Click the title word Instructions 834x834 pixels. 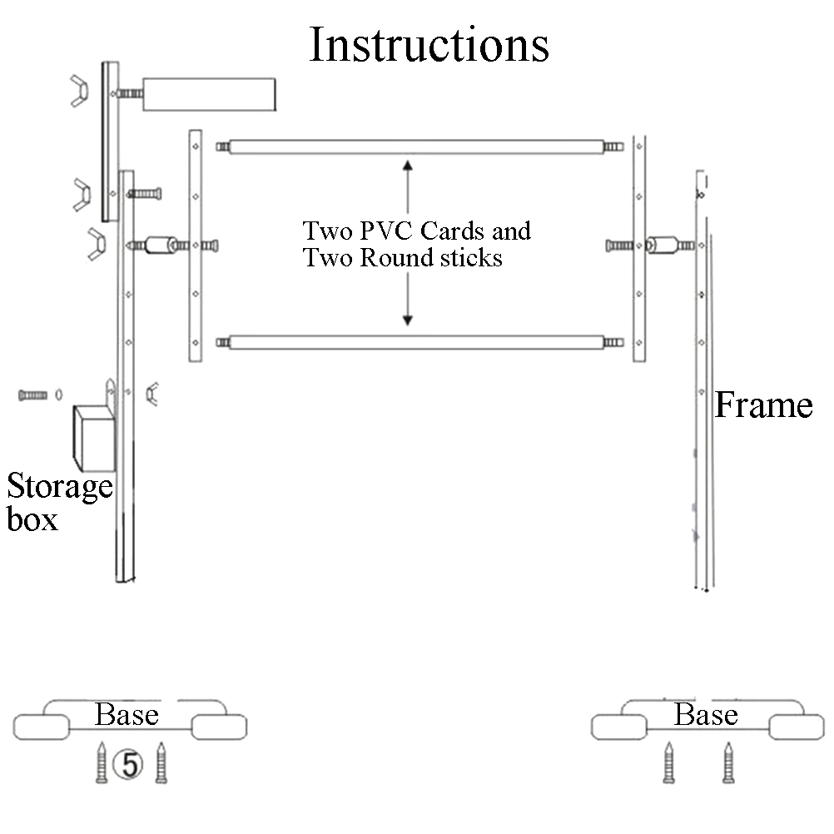429,45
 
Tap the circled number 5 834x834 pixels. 130,763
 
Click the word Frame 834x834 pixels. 763,405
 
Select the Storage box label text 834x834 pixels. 58,502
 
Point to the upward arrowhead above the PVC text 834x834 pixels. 408,165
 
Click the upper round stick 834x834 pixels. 415,147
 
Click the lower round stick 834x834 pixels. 415,341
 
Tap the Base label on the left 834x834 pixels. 127,714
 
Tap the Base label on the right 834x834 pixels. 706,714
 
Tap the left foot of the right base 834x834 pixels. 618,727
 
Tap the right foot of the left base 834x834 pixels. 219,727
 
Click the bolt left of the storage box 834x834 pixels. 32,395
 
